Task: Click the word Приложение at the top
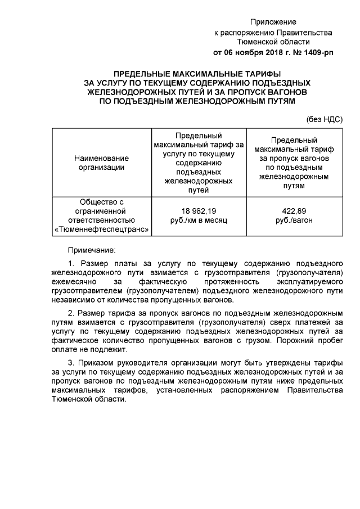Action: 273,22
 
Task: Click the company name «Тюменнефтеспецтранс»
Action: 102,229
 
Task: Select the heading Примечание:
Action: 92,249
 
